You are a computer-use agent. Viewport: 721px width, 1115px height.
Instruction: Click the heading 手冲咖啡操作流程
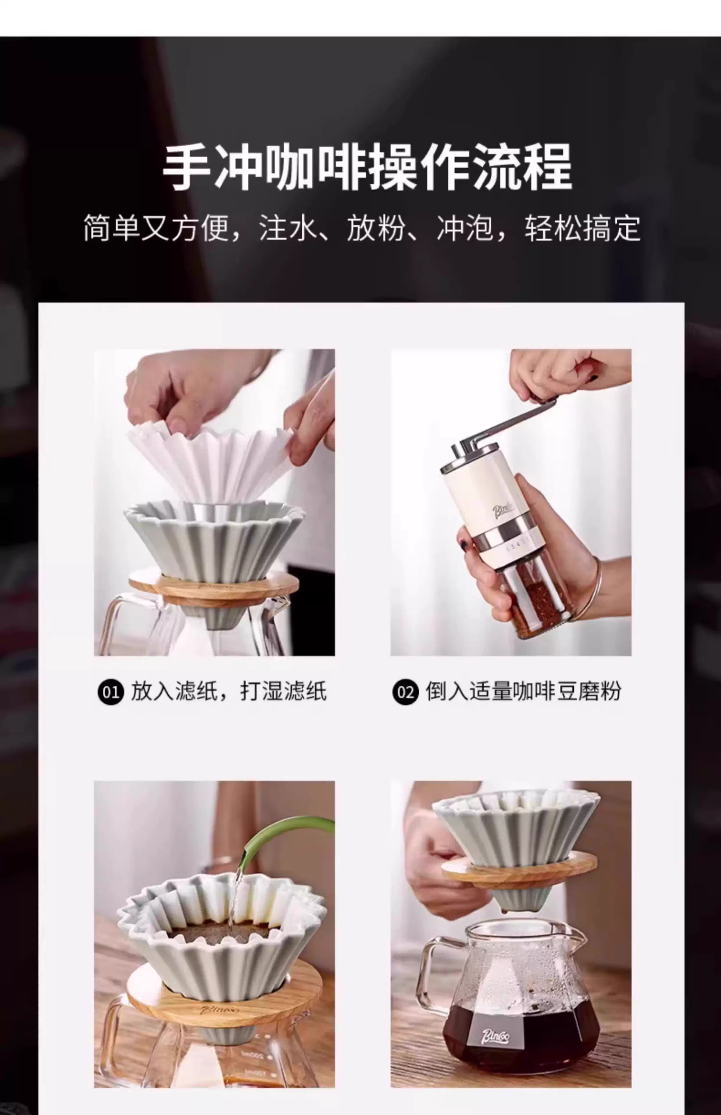click(x=367, y=167)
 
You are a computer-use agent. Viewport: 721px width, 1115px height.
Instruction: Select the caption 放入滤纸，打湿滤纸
click(x=229, y=692)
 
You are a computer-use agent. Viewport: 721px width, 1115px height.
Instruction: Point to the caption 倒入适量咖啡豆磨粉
click(x=523, y=692)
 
